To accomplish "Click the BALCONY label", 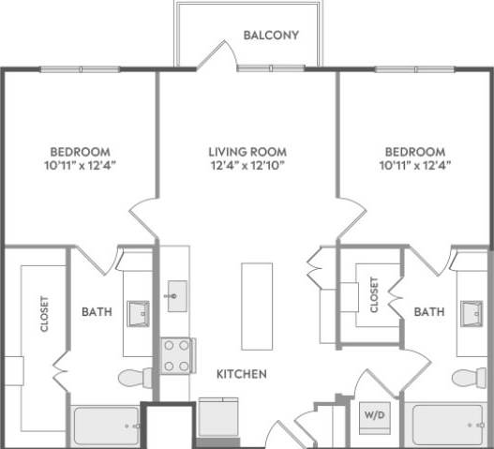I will coord(271,37).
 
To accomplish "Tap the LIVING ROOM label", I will coord(247,152).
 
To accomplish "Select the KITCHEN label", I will coord(242,374).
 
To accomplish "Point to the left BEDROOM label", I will coord(80,152).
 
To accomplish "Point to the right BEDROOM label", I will coord(413,152).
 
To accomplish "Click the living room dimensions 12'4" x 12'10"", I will coord(247,166).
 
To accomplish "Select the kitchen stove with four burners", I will coord(175,355).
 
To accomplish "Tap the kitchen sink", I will coord(175,295).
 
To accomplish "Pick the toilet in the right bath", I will coord(466,378).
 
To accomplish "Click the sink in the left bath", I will coord(140,311).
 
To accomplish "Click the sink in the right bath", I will coord(472,311).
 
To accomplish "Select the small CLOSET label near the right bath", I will coord(374,294).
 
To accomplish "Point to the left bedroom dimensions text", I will coord(80,166).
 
